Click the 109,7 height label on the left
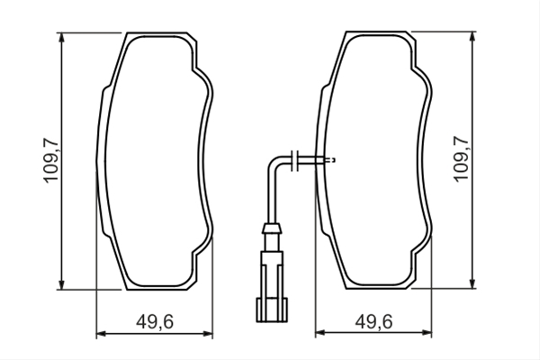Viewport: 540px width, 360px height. tap(50, 160)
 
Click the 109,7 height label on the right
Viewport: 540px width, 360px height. tap(461, 158)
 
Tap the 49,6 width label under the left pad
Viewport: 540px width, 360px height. tap(155, 322)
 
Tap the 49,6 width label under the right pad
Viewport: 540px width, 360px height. tap(374, 322)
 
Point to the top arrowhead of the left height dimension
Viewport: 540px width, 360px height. tap(61, 37)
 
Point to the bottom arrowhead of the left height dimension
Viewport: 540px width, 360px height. tap(61, 285)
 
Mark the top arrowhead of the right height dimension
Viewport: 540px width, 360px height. tap(472, 36)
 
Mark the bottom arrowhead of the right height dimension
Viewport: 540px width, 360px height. tap(472, 283)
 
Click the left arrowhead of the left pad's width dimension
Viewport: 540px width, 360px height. tap(101, 334)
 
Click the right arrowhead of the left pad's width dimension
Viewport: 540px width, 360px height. tap(208, 334)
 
